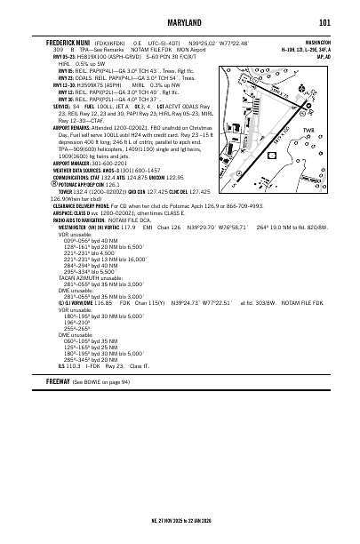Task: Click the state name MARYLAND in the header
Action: click(180, 22)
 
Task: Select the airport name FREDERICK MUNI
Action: click(68, 42)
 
